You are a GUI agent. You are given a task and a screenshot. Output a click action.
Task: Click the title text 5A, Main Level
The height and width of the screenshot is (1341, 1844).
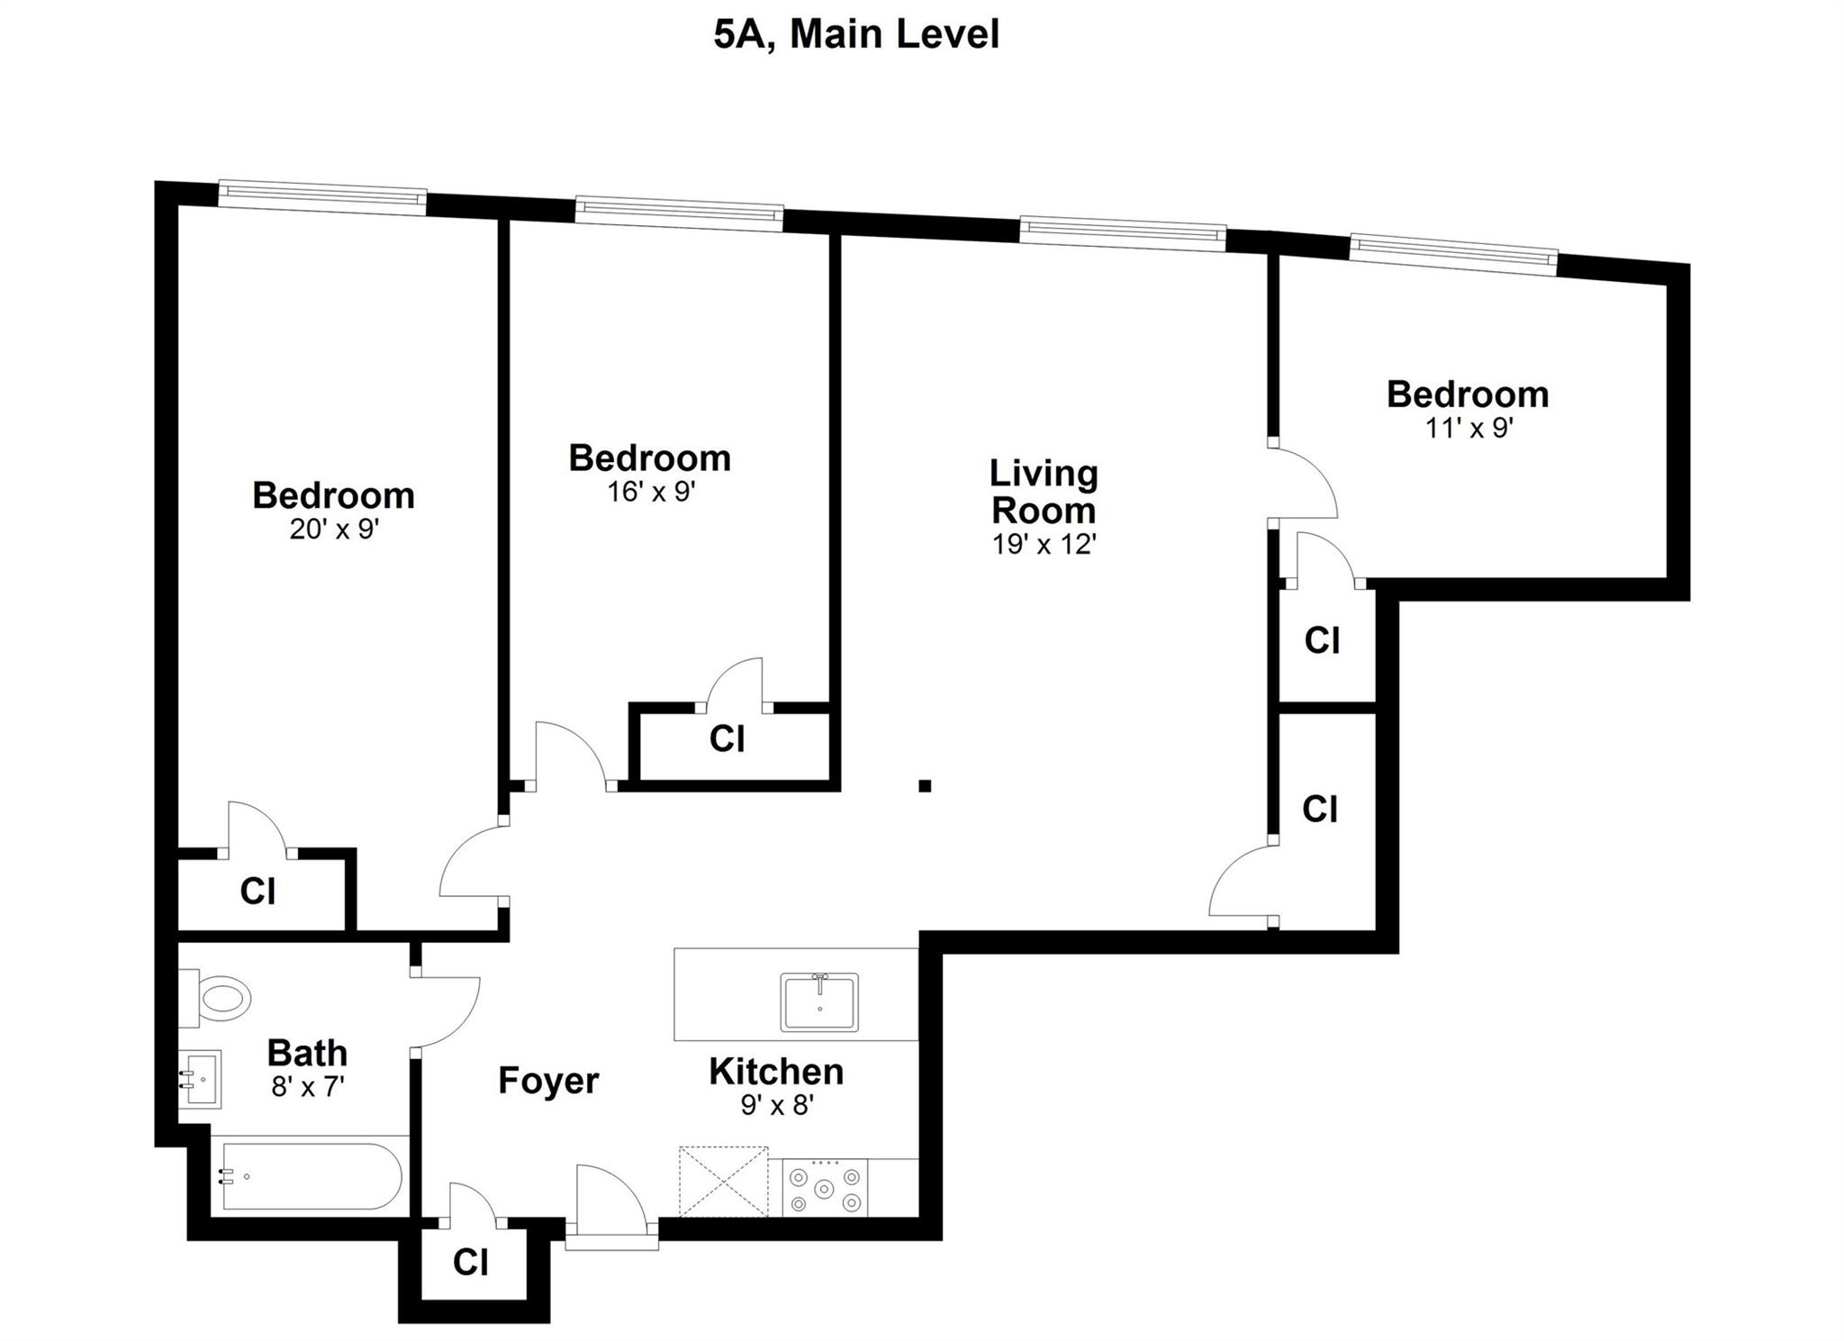click(x=856, y=35)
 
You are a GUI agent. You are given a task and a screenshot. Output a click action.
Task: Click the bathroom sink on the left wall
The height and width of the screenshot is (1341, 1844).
click(x=199, y=1079)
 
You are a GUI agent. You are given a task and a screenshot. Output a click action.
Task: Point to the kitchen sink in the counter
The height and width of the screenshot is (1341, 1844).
click(x=819, y=1001)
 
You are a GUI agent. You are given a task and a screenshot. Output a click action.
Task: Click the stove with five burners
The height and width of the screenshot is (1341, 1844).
click(x=825, y=1188)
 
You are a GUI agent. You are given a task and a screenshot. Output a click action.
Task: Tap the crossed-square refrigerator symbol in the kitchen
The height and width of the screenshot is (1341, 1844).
click(x=724, y=1182)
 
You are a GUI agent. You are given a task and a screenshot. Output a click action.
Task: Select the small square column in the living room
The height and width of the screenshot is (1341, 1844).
click(x=924, y=785)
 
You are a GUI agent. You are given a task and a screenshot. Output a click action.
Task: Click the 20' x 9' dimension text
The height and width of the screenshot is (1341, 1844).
click(x=334, y=529)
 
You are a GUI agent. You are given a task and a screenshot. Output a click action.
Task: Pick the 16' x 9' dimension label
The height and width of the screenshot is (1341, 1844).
click(x=652, y=492)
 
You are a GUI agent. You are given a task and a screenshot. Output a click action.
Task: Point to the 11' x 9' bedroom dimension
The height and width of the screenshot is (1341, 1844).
click(x=1468, y=427)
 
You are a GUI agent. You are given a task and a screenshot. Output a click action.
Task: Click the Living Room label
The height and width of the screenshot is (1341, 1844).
click(x=1044, y=492)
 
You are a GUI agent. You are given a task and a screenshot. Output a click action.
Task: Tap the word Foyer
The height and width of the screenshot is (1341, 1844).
click(x=548, y=1081)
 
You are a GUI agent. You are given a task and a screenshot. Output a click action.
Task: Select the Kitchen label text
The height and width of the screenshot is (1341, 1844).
click(x=776, y=1072)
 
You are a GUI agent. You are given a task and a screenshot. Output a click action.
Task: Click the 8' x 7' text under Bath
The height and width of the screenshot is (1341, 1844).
click(x=308, y=1086)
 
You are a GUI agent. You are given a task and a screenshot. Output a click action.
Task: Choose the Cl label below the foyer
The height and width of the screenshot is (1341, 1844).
click(x=470, y=1262)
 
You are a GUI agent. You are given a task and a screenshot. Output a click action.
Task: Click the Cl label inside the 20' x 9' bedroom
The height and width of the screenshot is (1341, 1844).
click(x=258, y=892)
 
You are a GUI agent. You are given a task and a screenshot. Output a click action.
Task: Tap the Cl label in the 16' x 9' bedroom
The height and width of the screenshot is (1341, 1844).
click(x=727, y=738)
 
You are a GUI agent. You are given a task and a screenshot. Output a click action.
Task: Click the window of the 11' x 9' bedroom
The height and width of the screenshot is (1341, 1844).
click(x=1453, y=251)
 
